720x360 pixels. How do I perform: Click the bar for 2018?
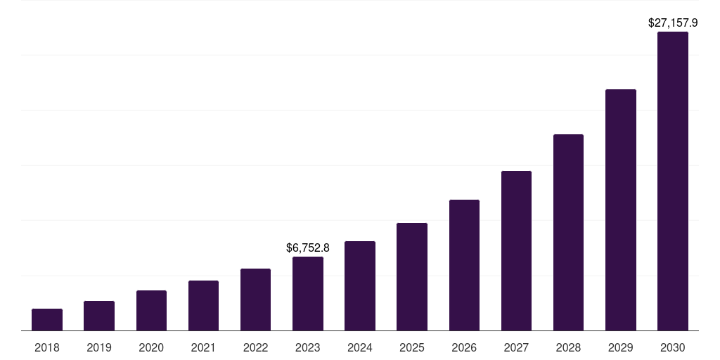click(47, 320)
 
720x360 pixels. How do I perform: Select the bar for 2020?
click(151, 311)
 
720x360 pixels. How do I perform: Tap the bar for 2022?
click(255, 300)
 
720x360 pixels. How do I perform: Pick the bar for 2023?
click(308, 294)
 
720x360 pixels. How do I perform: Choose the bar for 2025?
click(412, 277)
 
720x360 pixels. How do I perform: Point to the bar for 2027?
click(516, 251)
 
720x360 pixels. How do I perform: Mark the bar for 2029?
click(621, 210)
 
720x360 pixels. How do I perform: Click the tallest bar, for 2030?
click(673, 181)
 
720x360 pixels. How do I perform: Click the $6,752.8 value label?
click(308, 247)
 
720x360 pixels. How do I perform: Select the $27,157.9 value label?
click(673, 22)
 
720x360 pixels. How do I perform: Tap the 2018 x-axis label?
click(47, 347)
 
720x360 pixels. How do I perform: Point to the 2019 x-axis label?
click(99, 347)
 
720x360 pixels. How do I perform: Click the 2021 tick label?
click(203, 347)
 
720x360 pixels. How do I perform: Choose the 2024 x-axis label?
click(360, 347)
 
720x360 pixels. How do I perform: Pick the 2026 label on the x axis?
click(464, 347)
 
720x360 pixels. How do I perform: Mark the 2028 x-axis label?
click(568, 347)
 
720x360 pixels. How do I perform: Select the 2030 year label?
click(673, 347)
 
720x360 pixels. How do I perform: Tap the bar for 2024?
click(360, 286)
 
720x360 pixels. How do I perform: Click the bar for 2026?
click(464, 265)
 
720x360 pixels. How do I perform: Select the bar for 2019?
click(99, 316)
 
